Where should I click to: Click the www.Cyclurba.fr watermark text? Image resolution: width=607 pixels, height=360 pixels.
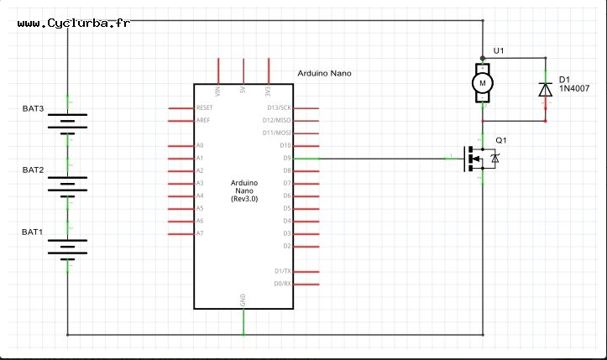pyautogui.click(x=73, y=23)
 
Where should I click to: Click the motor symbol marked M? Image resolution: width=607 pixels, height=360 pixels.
pyautogui.click(x=482, y=83)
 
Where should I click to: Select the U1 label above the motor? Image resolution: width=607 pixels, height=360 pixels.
pyautogui.click(x=499, y=52)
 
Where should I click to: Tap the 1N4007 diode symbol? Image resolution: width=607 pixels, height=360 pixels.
pyautogui.click(x=546, y=88)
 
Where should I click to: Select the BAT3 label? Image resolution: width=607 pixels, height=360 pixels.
pyautogui.click(x=33, y=109)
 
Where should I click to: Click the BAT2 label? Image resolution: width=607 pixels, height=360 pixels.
pyautogui.click(x=33, y=170)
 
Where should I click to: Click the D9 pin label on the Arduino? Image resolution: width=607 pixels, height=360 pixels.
pyautogui.click(x=285, y=158)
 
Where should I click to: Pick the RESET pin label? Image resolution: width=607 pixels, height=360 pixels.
pyautogui.click(x=204, y=108)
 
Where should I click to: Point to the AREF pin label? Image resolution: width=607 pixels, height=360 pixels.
pyautogui.click(x=202, y=121)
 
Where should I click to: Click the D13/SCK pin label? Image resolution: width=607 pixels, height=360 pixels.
pyautogui.click(x=278, y=108)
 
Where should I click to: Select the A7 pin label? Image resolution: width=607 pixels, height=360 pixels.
pyautogui.click(x=199, y=233)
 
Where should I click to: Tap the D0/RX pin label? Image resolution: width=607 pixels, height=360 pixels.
pyautogui.click(x=282, y=284)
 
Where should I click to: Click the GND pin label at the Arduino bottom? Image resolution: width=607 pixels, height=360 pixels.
pyautogui.click(x=243, y=300)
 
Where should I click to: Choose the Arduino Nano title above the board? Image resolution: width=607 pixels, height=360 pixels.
pyautogui.click(x=325, y=74)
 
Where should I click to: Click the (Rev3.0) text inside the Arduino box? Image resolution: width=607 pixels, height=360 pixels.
pyautogui.click(x=243, y=197)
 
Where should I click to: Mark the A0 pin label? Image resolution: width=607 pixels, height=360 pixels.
pyautogui.click(x=199, y=146)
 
